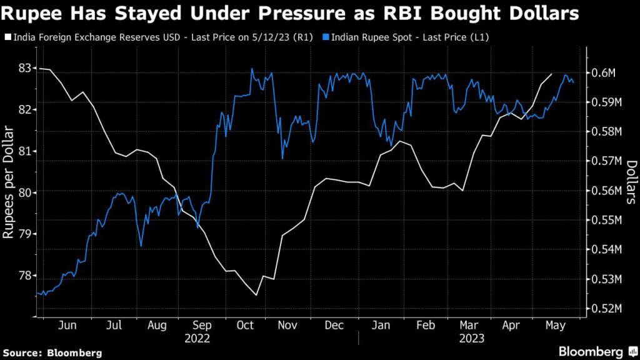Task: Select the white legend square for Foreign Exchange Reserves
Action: [7, 38]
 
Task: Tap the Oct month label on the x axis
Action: [245, 326]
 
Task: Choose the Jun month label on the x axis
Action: [67, 326]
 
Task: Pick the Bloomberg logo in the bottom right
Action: [591, 351]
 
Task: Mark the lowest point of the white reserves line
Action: [256, 295]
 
